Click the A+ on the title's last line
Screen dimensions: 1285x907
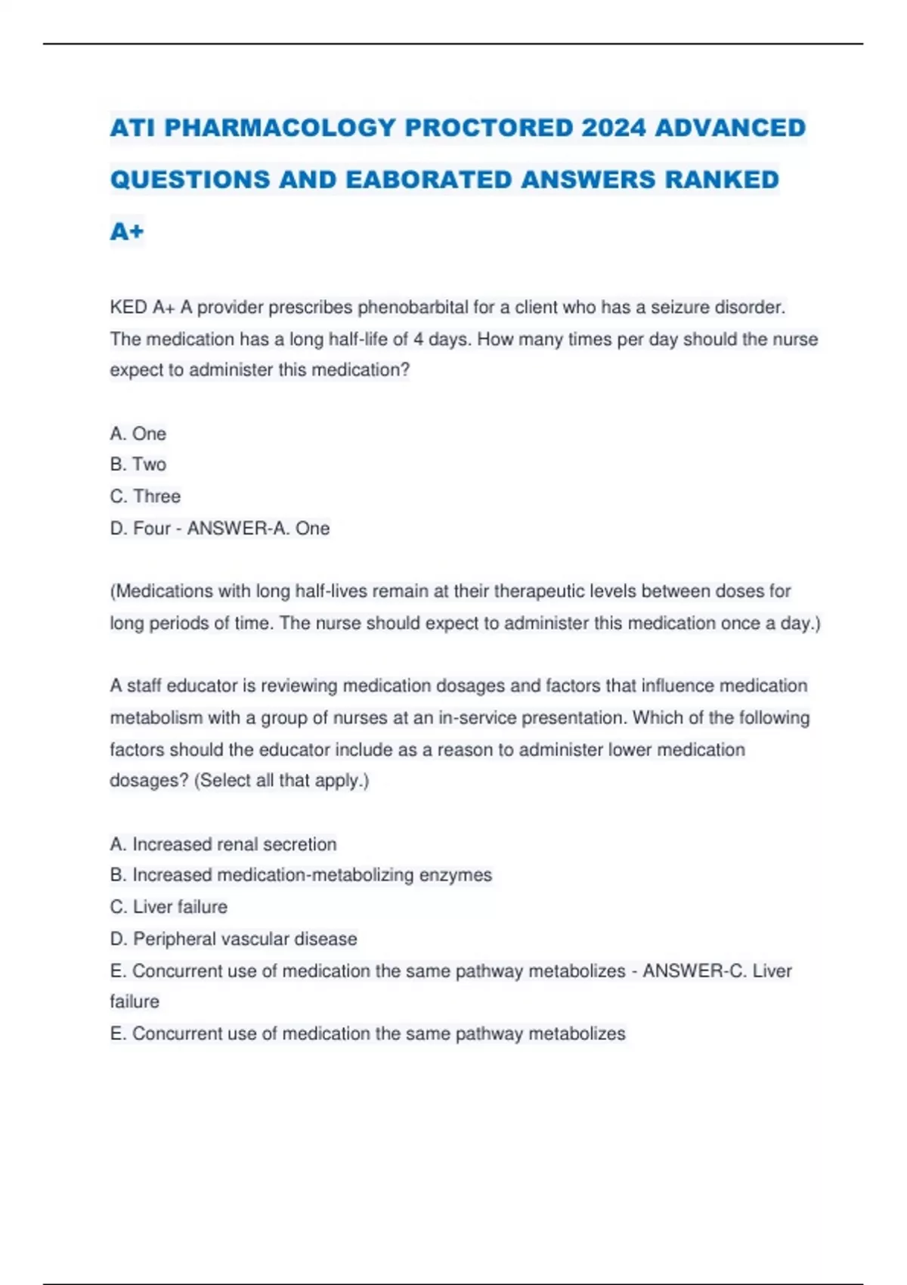click(x=126, y=231)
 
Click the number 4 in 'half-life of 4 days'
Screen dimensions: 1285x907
click(x=418, y=339)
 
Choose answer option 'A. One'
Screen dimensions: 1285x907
click(x=138, y=434)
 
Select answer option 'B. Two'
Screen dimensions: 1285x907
click(x=138, y=465)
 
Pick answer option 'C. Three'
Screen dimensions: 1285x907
click(x=145, y=497)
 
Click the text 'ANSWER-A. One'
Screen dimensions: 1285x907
click(x=258, y=528)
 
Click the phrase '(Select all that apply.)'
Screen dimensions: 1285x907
click(x=281, y=781)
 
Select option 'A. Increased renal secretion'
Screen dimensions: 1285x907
click(x=223, y=844)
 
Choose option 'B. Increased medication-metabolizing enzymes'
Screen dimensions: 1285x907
click(x=301, y=875)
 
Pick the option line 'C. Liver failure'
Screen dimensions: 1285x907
click(x=169, y=907)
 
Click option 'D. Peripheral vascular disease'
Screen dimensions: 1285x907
click(x=234, y=939)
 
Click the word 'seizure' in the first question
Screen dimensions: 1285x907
click(x=680, y=308)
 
